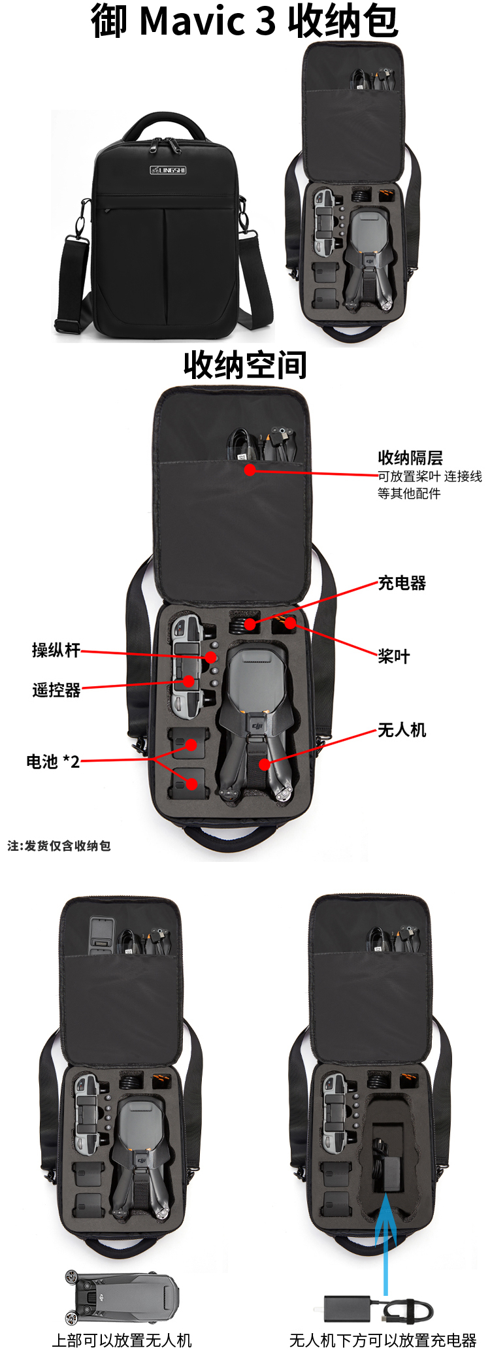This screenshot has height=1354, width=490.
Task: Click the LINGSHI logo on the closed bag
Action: coord(168,170)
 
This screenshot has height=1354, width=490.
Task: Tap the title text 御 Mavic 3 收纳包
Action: coord(244,20)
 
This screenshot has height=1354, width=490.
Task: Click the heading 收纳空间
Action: coord(245,365)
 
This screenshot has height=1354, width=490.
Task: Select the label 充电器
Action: coord(402,583)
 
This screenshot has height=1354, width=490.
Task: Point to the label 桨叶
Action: coord(394,656)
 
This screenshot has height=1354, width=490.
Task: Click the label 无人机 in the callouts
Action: coord(402,730)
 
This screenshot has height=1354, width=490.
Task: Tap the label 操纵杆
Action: coord(56,650)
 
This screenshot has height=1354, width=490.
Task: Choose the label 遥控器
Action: coord(56,690)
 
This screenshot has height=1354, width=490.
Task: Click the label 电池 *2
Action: coord(53,761)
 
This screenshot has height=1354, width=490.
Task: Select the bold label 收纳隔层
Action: coord(410,457)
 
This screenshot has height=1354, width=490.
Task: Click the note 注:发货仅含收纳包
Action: coord(59,846)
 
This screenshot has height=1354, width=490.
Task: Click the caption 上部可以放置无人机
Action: coord(122,1340)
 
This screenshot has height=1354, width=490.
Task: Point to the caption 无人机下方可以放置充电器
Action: coord(383,1340)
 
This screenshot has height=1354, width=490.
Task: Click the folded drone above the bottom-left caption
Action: coord(122,1296)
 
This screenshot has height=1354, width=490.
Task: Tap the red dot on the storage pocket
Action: coord(250,469)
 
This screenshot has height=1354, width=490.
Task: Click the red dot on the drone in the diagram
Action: coord(264,764)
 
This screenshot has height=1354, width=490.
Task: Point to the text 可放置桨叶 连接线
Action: coord(430,476)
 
